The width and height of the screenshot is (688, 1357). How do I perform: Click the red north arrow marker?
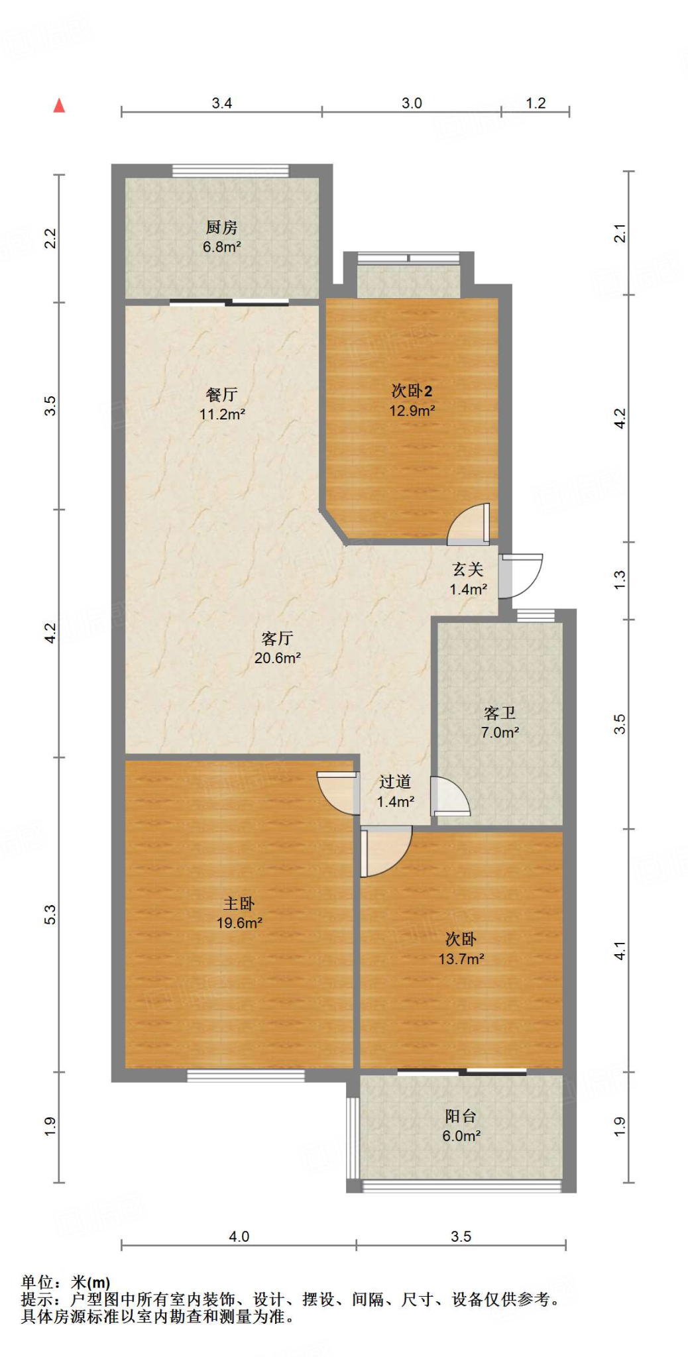59,105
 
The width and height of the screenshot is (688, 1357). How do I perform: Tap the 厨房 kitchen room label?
221,228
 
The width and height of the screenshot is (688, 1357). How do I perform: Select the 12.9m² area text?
412,411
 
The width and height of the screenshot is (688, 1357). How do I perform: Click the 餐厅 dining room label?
221,395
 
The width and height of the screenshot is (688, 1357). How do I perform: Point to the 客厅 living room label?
277,639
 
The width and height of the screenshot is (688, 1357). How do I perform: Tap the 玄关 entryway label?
468,569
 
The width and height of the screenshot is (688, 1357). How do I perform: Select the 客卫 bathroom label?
500,714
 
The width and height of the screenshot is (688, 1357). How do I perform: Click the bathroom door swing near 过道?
449,796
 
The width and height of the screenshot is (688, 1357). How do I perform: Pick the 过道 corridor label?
395,782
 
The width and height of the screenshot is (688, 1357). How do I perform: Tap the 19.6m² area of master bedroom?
239,923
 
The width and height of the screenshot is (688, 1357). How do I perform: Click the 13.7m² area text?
461,959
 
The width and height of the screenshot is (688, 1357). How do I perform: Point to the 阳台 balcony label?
461,1116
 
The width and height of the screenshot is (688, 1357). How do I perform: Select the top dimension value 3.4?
221,103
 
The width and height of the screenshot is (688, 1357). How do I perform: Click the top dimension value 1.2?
536,103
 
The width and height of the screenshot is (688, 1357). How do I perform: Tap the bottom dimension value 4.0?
239,1236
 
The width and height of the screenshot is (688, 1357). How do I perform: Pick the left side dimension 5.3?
50,914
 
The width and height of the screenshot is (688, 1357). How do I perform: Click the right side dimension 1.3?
619,580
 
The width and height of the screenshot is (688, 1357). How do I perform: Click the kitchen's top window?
231,170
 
